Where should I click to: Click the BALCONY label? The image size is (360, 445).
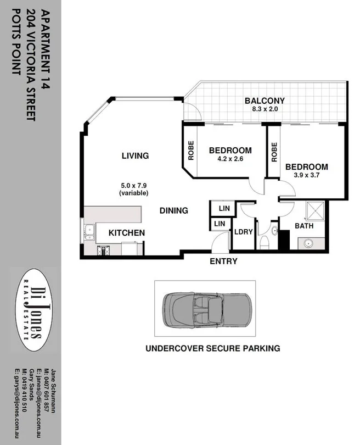(x=265, y=101)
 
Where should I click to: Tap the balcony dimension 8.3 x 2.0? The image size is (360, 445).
(x=265, y=110)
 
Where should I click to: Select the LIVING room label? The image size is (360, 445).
(x=135, y=156)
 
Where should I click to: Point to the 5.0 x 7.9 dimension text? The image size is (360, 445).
(x=135, y=186)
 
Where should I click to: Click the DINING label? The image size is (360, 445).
(x=174, y=210)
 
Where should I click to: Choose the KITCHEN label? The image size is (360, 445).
(x=126, y=233)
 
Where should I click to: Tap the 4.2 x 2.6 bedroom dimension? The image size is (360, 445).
(x=230, y=160)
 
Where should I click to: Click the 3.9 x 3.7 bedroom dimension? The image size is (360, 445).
(x=306, y=176)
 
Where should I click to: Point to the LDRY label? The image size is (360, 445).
(x=243, y=232)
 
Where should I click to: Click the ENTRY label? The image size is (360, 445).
(x=223, y=262)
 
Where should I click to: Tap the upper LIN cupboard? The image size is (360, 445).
(x=224, y=209)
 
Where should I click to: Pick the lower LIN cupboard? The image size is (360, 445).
(x=220, y=224)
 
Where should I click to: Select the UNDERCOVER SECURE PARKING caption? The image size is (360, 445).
(x=212, y=348)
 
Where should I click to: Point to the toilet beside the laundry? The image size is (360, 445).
(x=265, y=242)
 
